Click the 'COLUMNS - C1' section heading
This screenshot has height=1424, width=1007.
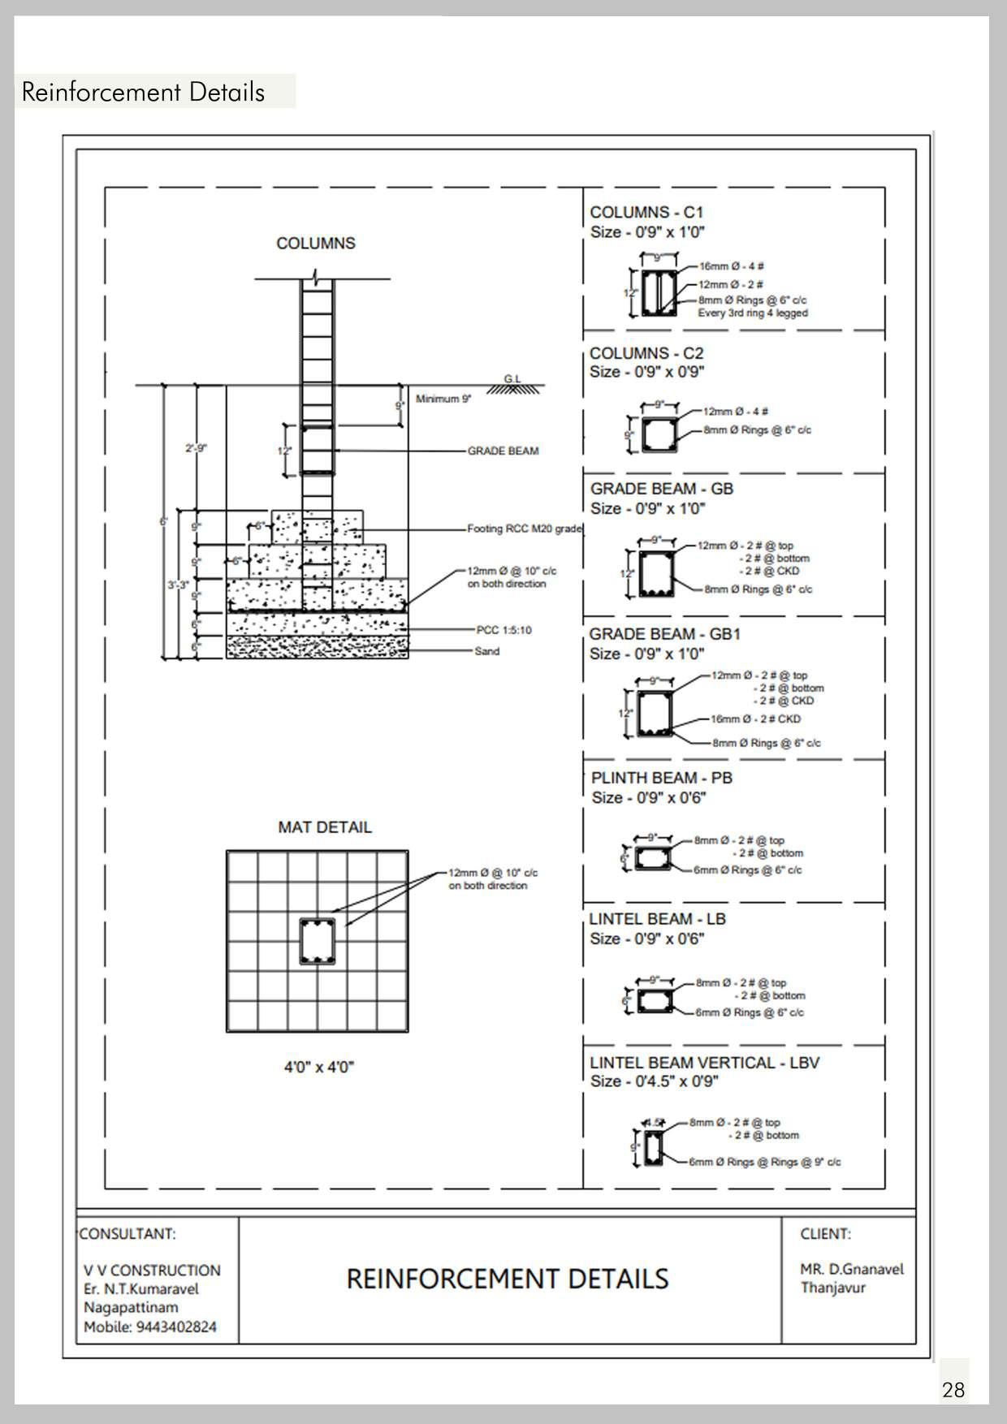[x=646, y=213]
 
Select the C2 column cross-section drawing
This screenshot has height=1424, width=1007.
[x=659, y=435]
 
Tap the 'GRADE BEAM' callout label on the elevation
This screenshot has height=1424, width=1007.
[x=503, y=451]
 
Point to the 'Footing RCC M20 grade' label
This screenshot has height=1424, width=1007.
[x=525, y=529]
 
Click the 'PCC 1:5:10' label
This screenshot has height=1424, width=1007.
[x=503, y=631]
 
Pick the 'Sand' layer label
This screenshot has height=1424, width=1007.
[x=487, y=651]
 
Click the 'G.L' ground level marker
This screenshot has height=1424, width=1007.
[x=512, y=379]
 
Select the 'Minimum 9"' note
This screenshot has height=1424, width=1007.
[x=443, y=399]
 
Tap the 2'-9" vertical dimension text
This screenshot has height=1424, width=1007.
[x=196, y=448]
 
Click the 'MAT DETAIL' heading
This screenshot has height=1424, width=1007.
[x=325, y=827]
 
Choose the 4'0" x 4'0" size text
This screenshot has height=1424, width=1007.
[x=319, y=1067]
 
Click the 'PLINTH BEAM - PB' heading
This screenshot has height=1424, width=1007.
[x=661, y=778]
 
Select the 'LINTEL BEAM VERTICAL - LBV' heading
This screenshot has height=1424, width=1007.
[x=704, y=1063]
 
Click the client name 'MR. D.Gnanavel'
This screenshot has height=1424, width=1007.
[x=852, y=1270]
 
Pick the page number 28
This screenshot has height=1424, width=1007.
[x=953, y=1390]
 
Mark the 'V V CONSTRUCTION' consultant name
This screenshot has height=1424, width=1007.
[x=152, y=1271]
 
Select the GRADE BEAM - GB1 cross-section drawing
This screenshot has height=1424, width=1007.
[x=655, y=714]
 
